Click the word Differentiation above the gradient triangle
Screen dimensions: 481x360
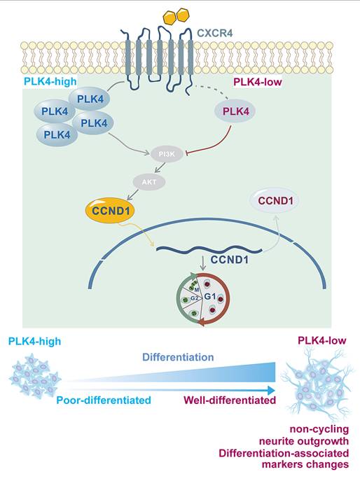click(178, 357)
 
